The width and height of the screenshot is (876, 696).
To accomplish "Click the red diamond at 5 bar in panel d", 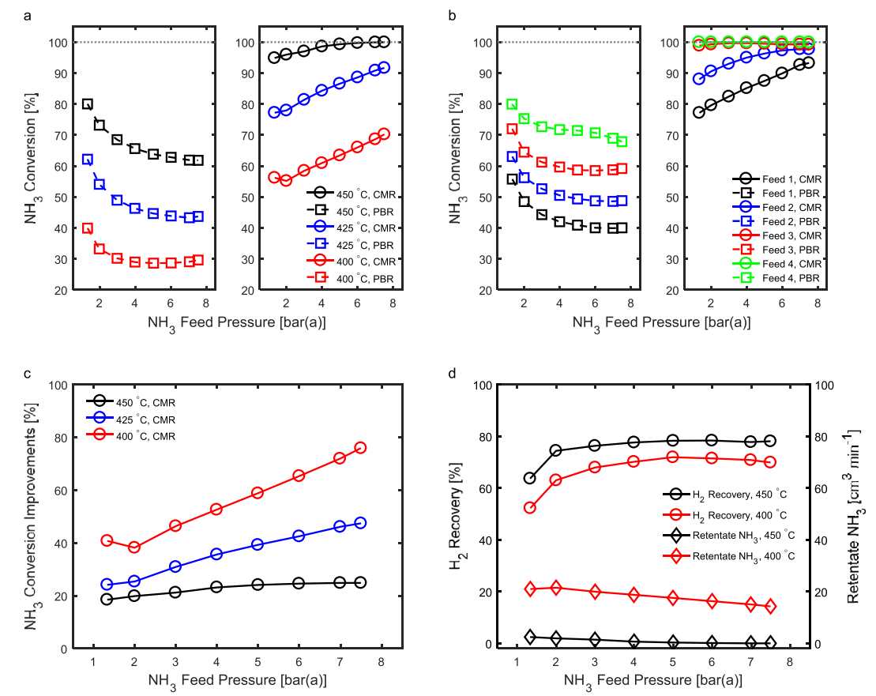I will [x=673, y=598].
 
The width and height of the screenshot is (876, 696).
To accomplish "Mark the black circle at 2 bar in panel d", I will [x=555, y=450].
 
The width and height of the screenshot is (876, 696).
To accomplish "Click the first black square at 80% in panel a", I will [x=88, y=104].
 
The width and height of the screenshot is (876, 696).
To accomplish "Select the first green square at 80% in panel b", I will [x=512, y=104].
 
